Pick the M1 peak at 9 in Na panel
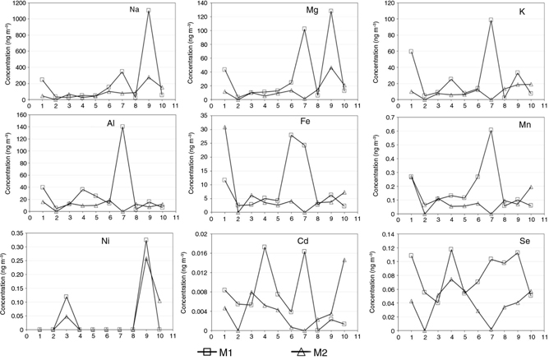click(x=149, y=11)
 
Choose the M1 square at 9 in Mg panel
click(x=331, y=12)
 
